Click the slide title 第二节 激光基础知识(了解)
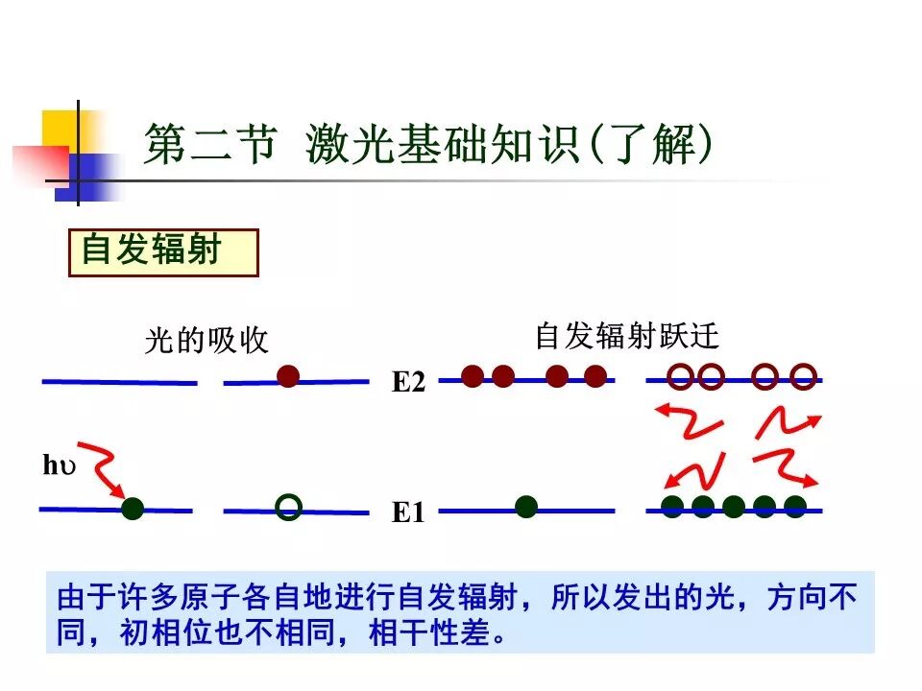(428, 147)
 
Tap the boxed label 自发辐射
(152, 250)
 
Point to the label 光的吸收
(206, 341)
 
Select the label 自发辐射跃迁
(626, 336)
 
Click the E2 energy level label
(407, 383)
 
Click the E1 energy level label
(407, 513)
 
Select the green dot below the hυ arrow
(133, 509)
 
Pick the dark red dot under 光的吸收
(288, 376)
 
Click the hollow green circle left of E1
(288, 507)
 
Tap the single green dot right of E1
(525, 507)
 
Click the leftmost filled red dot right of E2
(472, 376)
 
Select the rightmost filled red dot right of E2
(595, 376)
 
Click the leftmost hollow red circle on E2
(680, 376)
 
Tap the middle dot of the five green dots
(734, 507)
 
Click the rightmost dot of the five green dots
(795, 507)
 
